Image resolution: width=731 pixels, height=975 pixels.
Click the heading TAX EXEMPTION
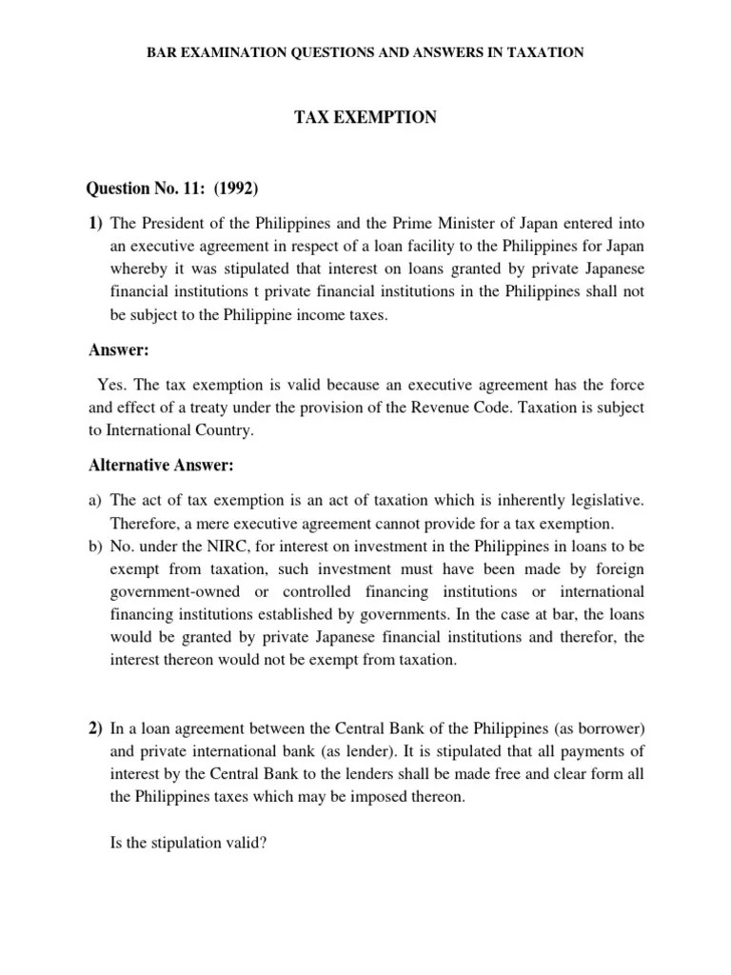(x=365, y=117)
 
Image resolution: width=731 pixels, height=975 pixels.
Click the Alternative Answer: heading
(x=161, y=466)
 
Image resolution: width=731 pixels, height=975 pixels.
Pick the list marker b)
(x=95, y=547)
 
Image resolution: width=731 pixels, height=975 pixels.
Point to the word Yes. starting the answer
(x=111, y=385)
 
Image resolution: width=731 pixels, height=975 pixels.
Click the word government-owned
(x=168, y=592)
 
